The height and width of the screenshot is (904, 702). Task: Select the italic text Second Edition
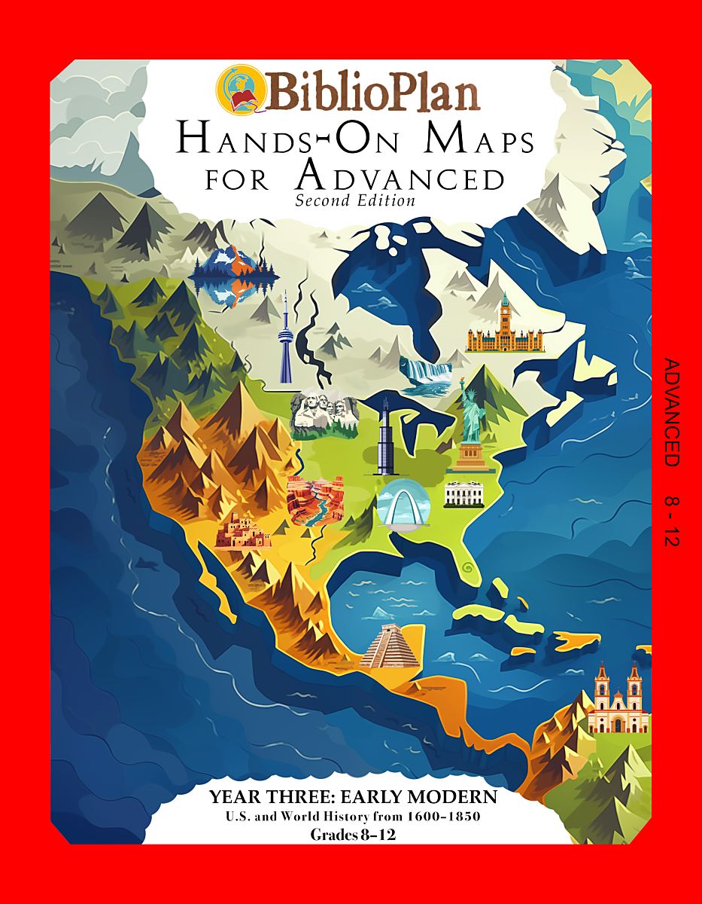pyautogui.click(x=355, y=200)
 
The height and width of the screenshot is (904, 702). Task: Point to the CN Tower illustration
pyautogui.click(x=285, y=339)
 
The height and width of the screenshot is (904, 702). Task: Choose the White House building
pyautogui.click(x=464, y=493)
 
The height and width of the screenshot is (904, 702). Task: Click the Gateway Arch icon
pyautogui.click(x=403, y=503)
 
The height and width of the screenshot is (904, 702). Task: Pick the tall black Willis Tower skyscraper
pyautogui.click(x=384, y=437)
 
